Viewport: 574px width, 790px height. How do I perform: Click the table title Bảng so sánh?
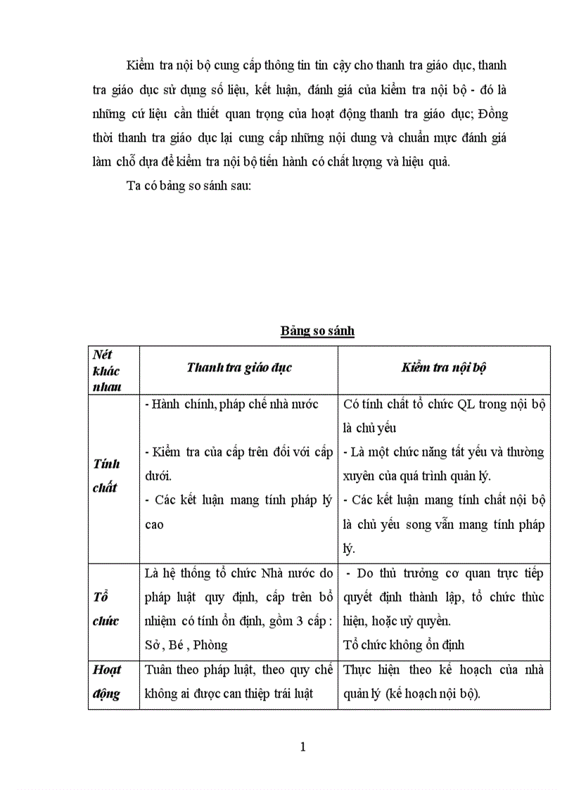(317, 331)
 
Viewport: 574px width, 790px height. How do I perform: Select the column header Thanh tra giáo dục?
(238, 368)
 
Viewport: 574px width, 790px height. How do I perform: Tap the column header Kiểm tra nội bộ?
(444, 368)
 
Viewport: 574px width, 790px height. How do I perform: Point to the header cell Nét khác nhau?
(107, 370)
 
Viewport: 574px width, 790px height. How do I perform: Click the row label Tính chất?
(106, 475)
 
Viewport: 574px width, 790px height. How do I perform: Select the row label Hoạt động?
(107, 682)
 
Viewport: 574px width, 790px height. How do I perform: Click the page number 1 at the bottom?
(302, 746)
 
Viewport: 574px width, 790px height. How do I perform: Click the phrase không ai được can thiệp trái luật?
(231, 694)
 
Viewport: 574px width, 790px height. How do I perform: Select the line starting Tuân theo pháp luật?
(238, 670)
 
